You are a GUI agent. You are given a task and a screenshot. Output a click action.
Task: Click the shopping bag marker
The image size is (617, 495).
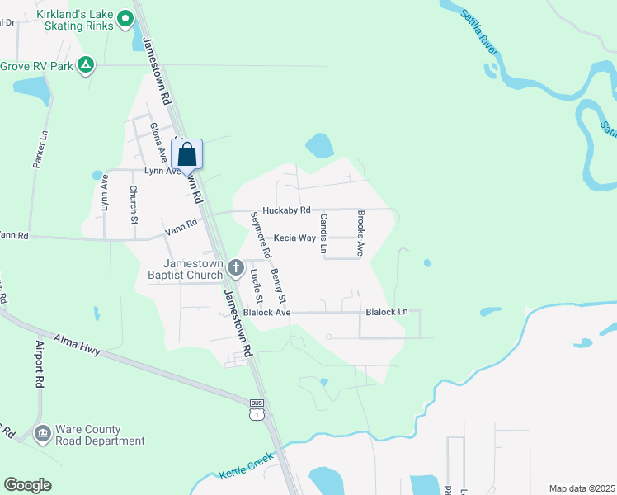tap(186, 154)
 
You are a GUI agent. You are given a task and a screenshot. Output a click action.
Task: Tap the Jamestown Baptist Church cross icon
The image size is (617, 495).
tap(236, 266)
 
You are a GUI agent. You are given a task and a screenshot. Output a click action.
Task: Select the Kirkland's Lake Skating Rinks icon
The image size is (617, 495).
tap(125, 17)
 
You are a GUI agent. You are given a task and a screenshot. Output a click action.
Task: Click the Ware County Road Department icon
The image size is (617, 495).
tap(43, 433)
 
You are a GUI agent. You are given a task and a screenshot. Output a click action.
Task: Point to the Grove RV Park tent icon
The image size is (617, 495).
tap(86, 64)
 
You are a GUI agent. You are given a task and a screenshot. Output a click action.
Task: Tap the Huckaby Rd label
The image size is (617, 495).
tap(286, 211)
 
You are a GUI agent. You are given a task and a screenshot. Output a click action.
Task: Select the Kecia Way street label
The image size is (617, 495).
tap(295, 238)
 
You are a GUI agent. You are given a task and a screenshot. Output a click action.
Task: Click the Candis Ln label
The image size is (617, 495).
tap(324, 233)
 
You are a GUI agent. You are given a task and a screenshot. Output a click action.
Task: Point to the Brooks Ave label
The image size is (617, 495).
tap(360, 233)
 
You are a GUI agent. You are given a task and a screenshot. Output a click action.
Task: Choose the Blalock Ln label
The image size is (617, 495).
tap(387, 312)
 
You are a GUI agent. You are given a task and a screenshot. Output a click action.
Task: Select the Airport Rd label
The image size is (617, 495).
tap(38, 364)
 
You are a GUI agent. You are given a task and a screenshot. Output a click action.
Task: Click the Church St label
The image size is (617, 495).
tap(133, 203)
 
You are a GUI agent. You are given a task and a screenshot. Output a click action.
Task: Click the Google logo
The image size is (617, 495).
tap(28, 485)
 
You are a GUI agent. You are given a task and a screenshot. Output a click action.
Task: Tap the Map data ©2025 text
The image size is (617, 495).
tap(582, 488)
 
